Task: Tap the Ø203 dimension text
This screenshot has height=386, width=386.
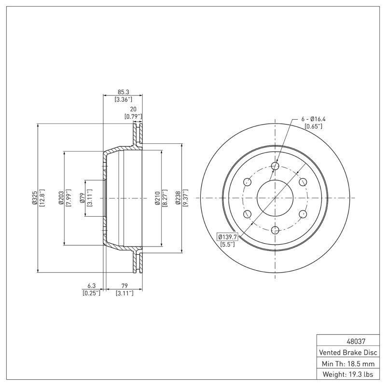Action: pos(61,198)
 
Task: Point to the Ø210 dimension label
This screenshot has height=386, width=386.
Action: pos(157,198)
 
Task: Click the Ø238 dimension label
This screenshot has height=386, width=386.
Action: pos(178,198)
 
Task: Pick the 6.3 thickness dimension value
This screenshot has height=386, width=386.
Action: pos(91,286)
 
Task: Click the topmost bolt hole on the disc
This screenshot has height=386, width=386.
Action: pos(276,166)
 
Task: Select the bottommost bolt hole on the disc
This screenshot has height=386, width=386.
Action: pos(276,230)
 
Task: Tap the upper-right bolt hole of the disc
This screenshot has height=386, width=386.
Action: pos(303,182)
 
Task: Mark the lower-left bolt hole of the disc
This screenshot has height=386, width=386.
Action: pos(248,214)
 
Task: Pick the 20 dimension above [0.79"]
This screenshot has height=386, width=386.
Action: pos(133,109)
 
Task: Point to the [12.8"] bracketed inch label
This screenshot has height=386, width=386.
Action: pos(41,198)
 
